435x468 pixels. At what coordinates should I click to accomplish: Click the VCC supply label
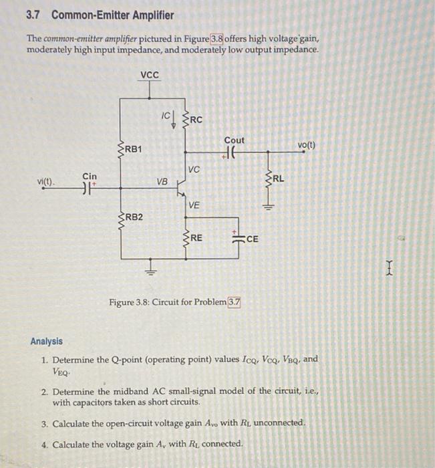click(150, 75)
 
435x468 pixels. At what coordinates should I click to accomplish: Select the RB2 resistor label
click(134, 217)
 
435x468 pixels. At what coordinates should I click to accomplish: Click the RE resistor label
click(196, 238)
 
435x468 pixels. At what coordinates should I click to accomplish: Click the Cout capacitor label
click(235, 140)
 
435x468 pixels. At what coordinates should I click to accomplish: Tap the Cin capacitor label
click(90, 176)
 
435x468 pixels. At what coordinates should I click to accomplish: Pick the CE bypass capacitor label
click(252, 238)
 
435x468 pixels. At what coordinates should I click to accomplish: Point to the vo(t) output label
click(307, 144)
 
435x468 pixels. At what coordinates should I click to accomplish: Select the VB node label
click(162, 181)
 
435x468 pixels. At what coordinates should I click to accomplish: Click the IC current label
click(166, 116)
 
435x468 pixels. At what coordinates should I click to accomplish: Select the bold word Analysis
click(46, 341)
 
